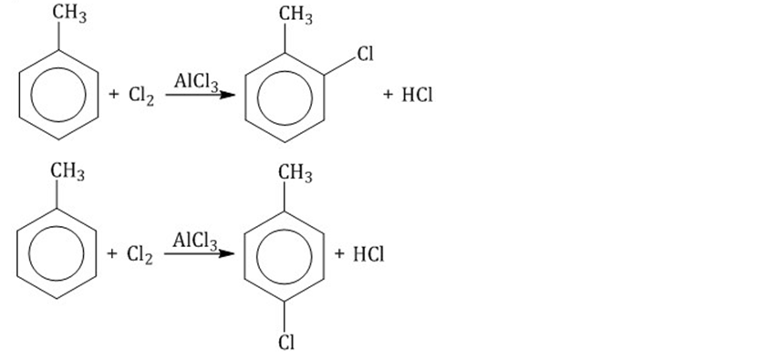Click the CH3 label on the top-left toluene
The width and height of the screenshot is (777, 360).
coord(69,14)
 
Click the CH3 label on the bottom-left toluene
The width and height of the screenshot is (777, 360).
coord(67,172)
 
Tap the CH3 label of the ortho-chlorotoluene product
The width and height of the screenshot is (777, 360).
coord(295,15)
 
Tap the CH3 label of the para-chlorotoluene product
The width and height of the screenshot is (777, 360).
coord(295,173)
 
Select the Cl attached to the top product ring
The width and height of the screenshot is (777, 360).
coord(365,54)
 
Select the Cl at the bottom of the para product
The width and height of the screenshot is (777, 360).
coord(286,342)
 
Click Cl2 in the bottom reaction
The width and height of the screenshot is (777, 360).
coord(140,254)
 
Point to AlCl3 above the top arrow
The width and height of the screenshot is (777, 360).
coord(196,82)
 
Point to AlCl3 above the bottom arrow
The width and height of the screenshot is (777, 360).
coord(195,242)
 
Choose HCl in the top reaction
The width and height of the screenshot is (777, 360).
coord(417,95)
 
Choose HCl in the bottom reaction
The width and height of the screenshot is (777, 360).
coord(368,254)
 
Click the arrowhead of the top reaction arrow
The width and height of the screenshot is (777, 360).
coord(227,94)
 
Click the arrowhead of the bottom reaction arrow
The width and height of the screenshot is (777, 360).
coord(226,253)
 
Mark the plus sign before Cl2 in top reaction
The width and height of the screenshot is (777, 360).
coord(114,95)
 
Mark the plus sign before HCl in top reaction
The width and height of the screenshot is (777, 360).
coord(388,95)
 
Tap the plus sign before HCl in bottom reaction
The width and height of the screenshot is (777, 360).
coord(339,254)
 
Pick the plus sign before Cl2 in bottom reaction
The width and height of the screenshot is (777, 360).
coord(112,254)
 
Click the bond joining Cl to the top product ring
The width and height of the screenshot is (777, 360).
coord(340,67)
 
